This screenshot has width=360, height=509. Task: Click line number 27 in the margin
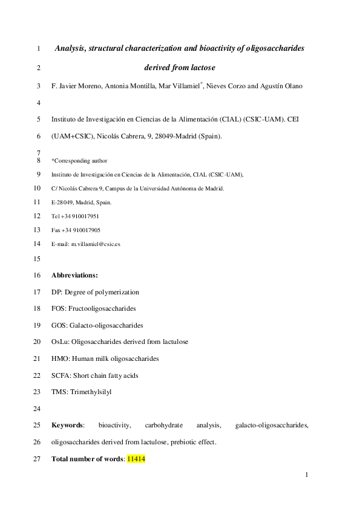pos(36,459)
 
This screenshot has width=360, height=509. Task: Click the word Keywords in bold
pos(68,426)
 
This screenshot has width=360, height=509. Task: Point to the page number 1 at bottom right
pos(307,476)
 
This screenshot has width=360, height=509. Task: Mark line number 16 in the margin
pos(36,275)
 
